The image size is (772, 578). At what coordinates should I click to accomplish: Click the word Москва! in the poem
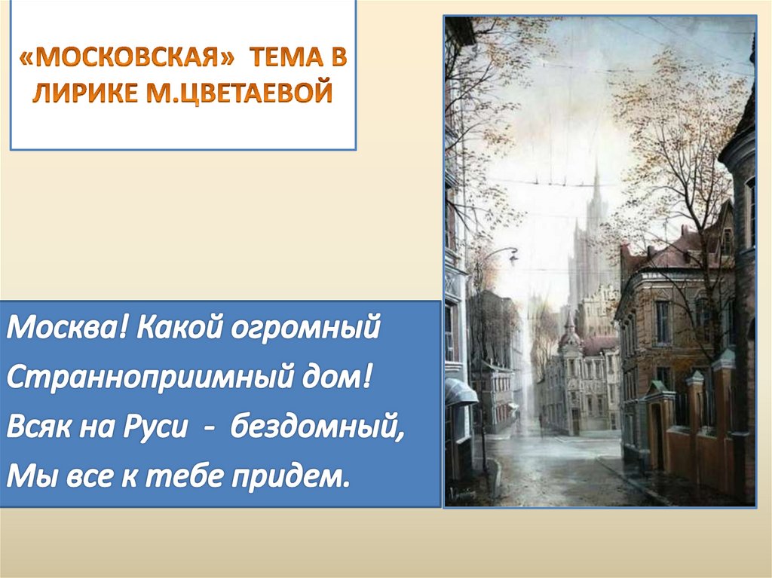tap(57, 331)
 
